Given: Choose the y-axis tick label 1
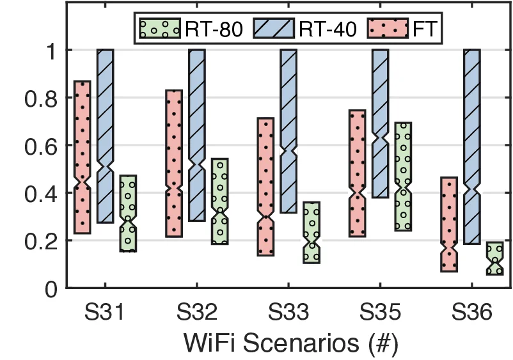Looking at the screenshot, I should (x=54, y=51).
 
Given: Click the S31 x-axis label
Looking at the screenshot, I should (x=105, y=314).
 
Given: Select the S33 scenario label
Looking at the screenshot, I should (x=288, y=314).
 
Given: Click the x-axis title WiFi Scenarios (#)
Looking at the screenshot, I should (x=291, y=342).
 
